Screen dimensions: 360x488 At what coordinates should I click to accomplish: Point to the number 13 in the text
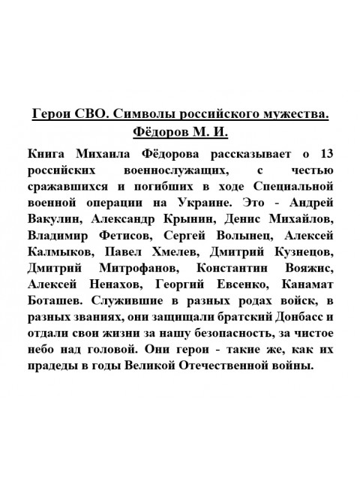coord(325,155)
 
